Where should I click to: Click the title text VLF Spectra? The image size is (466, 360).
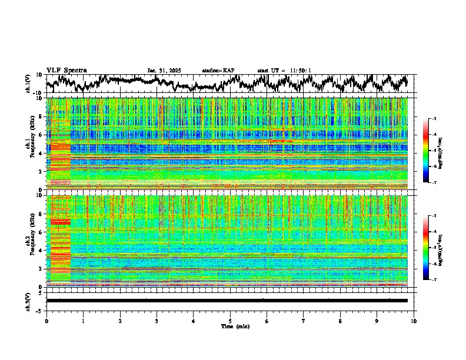click(x=66, y=70)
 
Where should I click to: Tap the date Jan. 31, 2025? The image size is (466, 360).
click(x=164, y=71)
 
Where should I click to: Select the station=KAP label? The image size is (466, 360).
click(x=218, y=71)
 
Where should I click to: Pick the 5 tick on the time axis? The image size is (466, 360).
click(x=230, y=321)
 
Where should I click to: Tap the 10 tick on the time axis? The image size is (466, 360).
click(x=414, y=321)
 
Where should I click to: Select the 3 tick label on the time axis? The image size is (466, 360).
click(x=157, y=321)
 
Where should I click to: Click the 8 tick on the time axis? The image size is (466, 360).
click(x=340, y=321)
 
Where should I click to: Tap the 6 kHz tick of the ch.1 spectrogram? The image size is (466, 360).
click(x=41, y=135)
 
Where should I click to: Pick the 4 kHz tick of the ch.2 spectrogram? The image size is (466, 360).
click(x=41, y=251)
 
